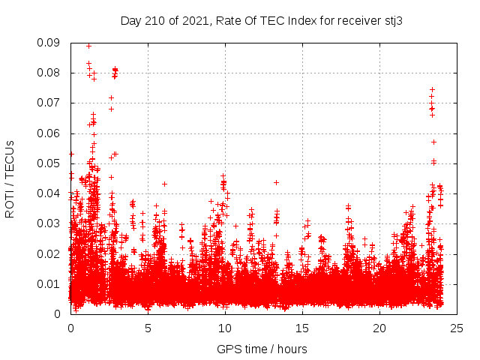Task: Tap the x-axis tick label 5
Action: pyautogui.click(x=148, y=328)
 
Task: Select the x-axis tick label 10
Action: pyautogui.click(x=225, y=328)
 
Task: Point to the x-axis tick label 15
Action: pyautogui.click(x=302, y=328)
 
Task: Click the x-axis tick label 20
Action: pyautogui.click(x=379, y=328)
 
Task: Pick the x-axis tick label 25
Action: pyautogui.click(x=457, y=328)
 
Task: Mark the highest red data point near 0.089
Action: pyautogui.click(x=88, y=46)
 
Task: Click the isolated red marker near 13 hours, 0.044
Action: pyautogui.click(x=276, y=182)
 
